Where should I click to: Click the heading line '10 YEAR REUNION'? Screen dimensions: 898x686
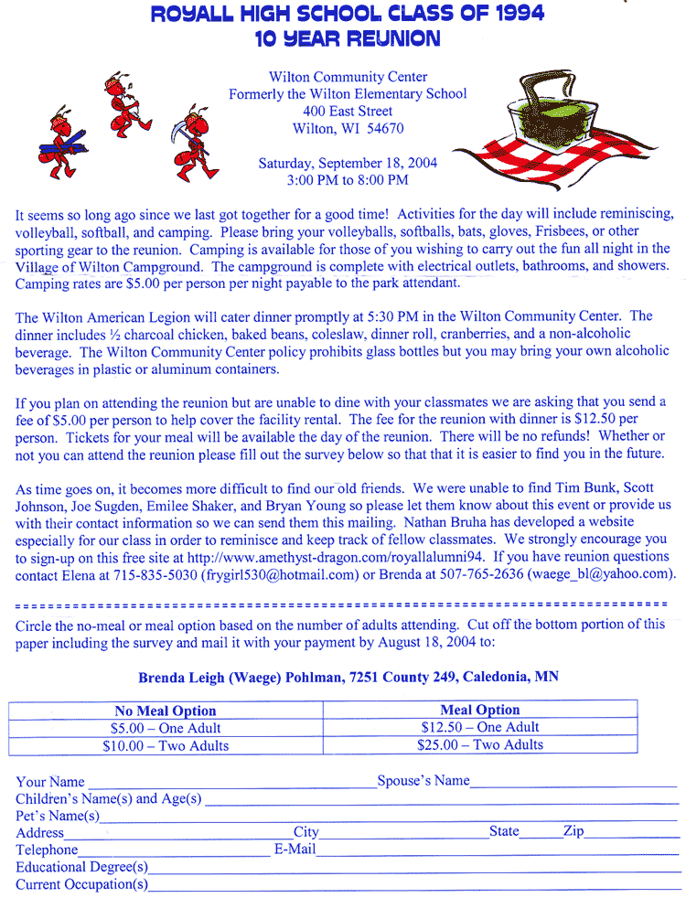pos(348,38)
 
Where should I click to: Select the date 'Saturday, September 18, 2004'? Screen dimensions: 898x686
pos(348,163)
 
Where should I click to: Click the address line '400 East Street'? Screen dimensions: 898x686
pos(348,112)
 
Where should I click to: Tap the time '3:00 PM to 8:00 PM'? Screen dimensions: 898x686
pos(348,180)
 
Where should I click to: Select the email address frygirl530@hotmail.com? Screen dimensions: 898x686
pos(280,574)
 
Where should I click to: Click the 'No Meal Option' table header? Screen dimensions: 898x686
pos(166,711)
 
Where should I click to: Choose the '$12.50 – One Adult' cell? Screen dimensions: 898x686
pos(479,727)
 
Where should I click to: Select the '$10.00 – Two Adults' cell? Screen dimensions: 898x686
pos(166,745)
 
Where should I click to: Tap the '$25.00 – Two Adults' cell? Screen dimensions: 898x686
pos(479,744)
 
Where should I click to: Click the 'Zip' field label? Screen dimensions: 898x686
pos(573,831)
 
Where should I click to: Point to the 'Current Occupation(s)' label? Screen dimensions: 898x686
pos(81,884)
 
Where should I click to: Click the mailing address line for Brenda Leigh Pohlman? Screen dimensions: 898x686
pos(348,678)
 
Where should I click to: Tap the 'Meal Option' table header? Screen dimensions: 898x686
pos(479,710)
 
